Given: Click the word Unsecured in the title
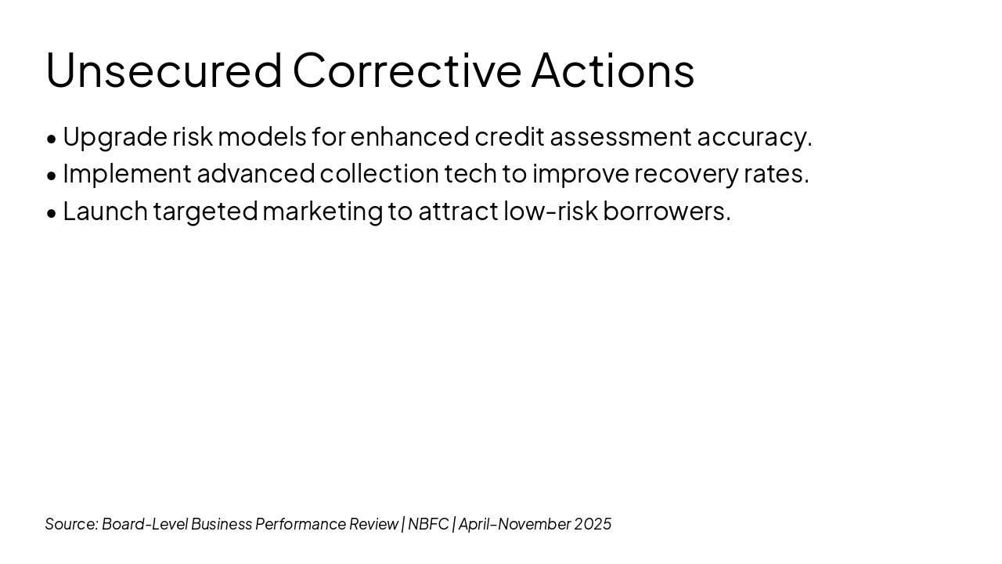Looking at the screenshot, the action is pyautogui.click(x=164, y=70).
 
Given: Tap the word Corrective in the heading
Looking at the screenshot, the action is pyautogui.click(x=407, y=70).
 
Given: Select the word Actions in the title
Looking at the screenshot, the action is pyautogui.click(x=613, y=70).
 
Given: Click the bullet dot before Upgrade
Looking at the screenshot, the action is pyautogui.click(x=52, y=139).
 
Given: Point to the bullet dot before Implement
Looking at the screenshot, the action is pyautogui.click(x=52, y=176).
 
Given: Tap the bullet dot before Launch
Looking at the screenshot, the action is pyautogui.click(x=52, y=214).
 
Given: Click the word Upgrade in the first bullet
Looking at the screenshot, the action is pyautogui.click(x=115, y=138).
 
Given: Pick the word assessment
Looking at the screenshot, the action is pyautogui.click(x=621, y=137).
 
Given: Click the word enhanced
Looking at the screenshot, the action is pyautogui.click(x=409, y=136).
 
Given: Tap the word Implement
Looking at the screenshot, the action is pyautogui.click(x=127, y=175).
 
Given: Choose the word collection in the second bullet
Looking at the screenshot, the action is pyautogui.click(x=380, y=174).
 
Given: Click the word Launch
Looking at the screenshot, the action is pyautogui.click(x=106, y=211).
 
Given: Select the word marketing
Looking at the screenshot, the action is pyautogui.click(x=323, y=212).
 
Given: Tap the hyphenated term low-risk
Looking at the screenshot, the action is pyautogui.click(x=551, y=211).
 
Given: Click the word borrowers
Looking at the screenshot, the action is pyautogui.click(x=665, y=211).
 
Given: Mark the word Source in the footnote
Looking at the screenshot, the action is pyautogui.click(x=70, y=524).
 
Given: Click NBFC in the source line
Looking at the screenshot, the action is pyautogui.click(x=428, y=524).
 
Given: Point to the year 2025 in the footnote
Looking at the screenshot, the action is pyautogui.click(x=593, y=524).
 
